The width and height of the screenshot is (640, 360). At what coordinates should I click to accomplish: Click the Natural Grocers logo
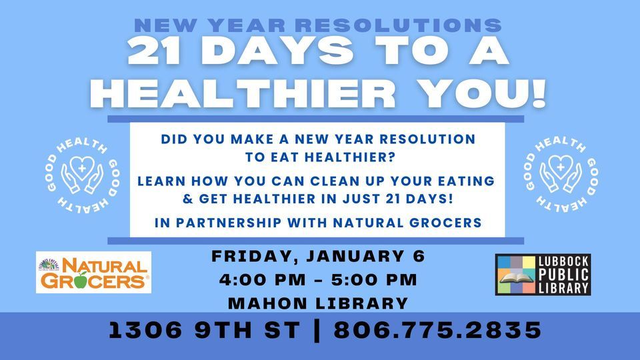coord(93,272)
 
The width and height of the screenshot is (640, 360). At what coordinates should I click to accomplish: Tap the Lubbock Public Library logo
coord(543,275)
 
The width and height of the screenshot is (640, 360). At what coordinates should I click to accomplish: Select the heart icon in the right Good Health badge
coord(561,166)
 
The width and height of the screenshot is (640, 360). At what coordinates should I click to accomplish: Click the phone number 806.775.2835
coord(437,330)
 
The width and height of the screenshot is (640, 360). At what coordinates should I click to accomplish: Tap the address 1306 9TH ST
coord(205,330)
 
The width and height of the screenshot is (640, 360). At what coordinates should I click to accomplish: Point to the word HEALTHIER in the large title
coord(243,93)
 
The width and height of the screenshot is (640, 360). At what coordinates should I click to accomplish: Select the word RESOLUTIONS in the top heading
coord(399,25)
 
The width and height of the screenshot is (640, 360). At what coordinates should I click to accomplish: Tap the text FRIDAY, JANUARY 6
coord(319,256)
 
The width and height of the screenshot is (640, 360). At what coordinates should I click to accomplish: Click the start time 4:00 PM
coord(263,280)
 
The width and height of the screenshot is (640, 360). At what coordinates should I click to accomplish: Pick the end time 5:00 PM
coord(374,280)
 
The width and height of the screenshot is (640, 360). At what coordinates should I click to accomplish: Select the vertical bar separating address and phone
coord(317,330)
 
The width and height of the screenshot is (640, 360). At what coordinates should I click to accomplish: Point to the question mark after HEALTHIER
coord(392,157)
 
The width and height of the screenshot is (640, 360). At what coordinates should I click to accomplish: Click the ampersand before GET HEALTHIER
coord(188,199)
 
